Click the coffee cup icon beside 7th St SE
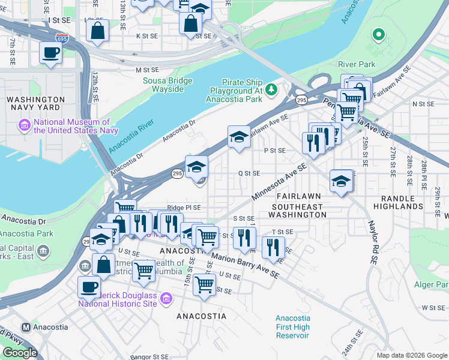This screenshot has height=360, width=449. (50, 52)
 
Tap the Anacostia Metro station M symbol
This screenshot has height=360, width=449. (26, 327)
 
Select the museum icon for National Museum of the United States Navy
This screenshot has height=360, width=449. (25, 125)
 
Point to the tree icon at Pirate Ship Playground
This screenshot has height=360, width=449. (271, 89)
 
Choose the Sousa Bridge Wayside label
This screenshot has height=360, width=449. (163, 85)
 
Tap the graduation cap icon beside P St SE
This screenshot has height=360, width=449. (239, 137)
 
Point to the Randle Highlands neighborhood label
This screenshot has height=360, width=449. (402, 202)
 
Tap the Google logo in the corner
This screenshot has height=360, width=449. (20, 352)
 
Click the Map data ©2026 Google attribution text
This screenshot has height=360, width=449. (411, 355)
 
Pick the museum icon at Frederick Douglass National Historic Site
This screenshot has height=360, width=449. (167, 298)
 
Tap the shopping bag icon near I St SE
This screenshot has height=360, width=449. (97, 30)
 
